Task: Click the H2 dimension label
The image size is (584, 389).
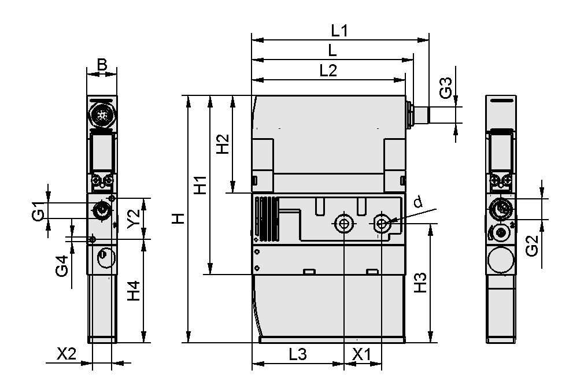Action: (222, 145)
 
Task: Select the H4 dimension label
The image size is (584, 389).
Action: (133, 291)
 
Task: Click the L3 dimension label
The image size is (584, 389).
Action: (297, 355)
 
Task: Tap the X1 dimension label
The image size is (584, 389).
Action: (362, 355)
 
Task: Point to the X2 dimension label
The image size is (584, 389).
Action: (67, 354)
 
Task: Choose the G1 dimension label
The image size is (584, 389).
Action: (38, 211)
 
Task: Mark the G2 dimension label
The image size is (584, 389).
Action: (531, 246)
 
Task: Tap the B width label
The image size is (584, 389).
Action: (102, 64)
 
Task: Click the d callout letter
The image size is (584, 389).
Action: (418, 202)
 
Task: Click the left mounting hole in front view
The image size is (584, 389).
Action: (344, 223)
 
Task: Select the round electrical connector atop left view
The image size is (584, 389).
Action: (102, 114)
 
